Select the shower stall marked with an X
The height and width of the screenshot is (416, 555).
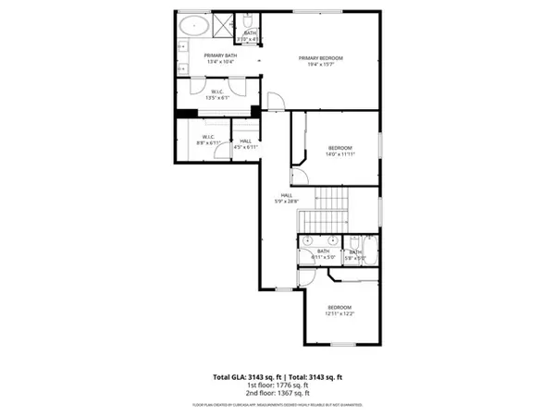[225, 25]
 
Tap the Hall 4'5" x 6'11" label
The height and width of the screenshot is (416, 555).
[244, 143]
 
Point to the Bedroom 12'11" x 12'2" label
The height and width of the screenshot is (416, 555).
[339, 310]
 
